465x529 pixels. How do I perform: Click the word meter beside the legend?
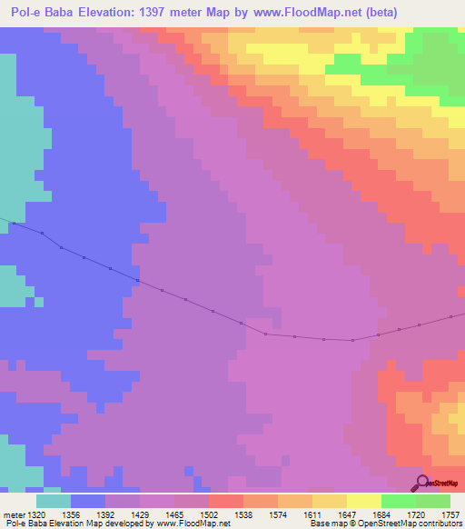[10, 514]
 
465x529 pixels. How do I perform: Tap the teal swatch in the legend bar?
[54, 501]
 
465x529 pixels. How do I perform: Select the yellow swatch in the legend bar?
[364, 501]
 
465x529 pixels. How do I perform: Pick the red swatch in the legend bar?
[226, 501]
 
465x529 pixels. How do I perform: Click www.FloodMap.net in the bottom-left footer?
[194, 524]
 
